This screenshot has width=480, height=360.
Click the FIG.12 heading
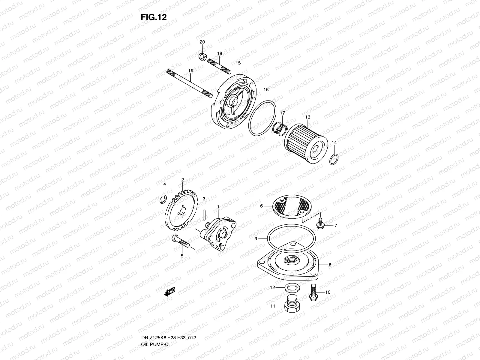click(153, 17)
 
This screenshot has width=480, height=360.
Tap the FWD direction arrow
click(169, 292)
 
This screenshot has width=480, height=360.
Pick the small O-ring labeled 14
click(334, 160)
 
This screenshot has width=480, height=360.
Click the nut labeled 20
click(202, 55)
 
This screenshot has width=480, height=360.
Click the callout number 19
click(191, 70)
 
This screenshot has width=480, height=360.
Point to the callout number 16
click(266, 90)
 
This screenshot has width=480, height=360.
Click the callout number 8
click(330, 265)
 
